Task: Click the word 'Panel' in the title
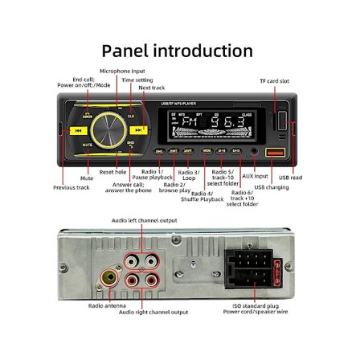pos(125,51)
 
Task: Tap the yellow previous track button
pos(78,130)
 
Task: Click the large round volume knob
pos(108,129)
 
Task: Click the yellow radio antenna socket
pos(108,280)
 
